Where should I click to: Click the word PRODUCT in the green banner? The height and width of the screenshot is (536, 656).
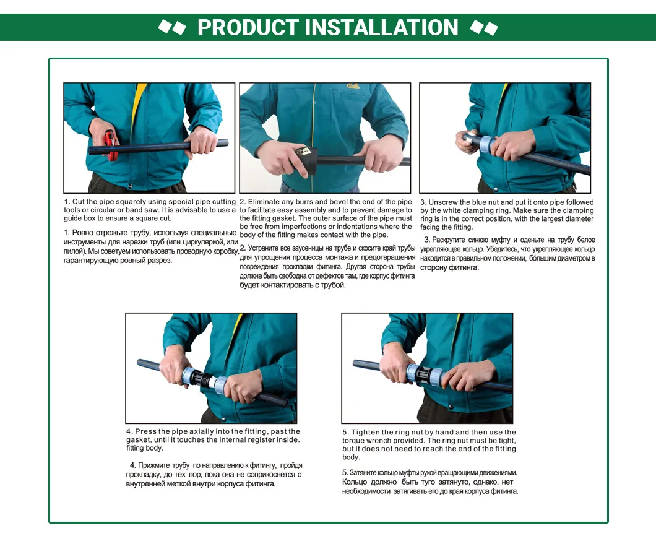(248, 28)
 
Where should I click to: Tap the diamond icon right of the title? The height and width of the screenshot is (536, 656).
(484, 27)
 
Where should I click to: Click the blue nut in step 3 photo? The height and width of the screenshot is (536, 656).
(485, 144)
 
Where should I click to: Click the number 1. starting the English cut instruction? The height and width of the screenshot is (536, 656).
(67, 202)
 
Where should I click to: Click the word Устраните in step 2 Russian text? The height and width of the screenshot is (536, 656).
(265, 248)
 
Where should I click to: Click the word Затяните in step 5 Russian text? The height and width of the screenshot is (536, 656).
(364, 473)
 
